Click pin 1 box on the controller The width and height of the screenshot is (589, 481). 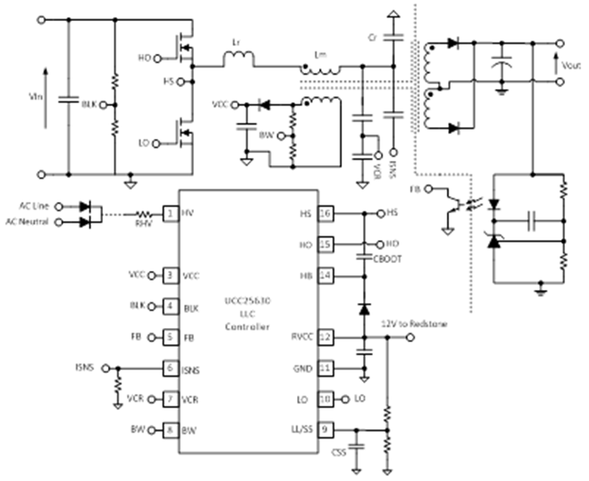tap(170, 212)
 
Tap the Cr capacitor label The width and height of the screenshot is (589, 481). tap(373, 35)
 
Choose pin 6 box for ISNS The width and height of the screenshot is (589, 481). tap(170, 367)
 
